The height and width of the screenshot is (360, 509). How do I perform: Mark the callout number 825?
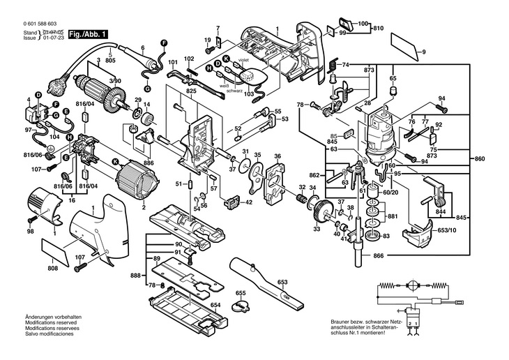(x=192, y=91)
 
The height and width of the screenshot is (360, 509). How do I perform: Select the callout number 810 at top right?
(x=378, y=28)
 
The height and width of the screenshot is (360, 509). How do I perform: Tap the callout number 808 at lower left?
(x=53, y=268)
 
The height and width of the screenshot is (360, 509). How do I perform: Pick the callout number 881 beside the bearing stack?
(x=393, y=216)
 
